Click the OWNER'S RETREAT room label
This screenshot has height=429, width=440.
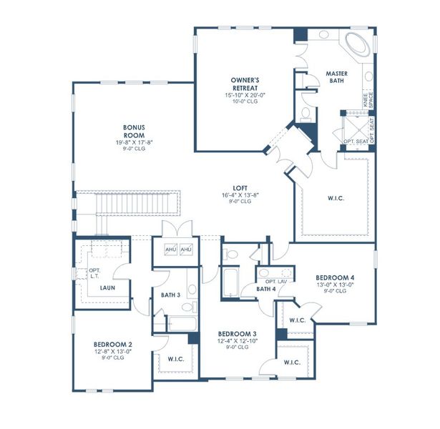(x=245, y=84)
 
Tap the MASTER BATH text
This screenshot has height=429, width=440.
(x=336, y=77)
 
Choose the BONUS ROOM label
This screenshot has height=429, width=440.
(x=135, y=130)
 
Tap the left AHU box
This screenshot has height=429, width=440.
(x=172, y=250)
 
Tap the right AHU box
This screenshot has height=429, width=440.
(x=186, y=250)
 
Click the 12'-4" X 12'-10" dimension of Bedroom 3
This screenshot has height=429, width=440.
(x=237, y=341)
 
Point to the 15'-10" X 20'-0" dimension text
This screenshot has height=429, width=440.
(x=245, y=95)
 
